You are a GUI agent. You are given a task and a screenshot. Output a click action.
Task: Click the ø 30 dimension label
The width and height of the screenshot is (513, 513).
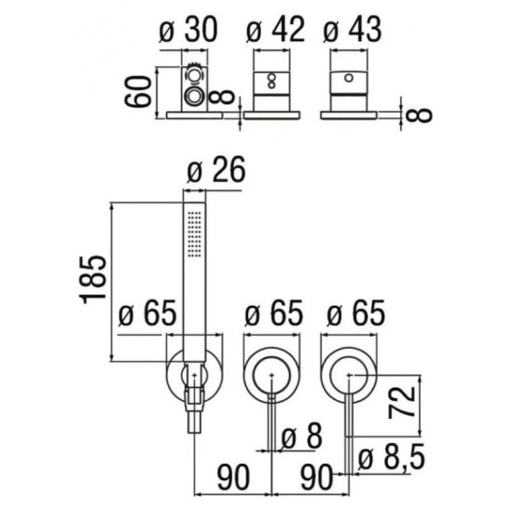pos(188,30)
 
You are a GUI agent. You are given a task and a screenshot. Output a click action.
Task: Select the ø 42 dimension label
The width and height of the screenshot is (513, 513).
pos(275,30)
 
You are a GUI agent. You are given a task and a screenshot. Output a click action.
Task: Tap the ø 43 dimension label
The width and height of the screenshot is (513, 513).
pos(353,30)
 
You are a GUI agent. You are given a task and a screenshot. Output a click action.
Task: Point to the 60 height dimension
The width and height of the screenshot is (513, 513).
pos(138,91)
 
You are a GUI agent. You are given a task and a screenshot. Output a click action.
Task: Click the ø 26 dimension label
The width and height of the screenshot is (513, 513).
pos(216,171)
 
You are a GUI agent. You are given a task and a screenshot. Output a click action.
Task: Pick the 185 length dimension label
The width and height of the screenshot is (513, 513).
pos(93,280)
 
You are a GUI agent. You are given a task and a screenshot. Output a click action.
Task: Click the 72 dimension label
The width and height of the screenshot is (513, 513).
pos(402,402)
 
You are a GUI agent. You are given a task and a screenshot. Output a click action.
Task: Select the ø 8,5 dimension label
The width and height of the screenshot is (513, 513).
pos(392,457)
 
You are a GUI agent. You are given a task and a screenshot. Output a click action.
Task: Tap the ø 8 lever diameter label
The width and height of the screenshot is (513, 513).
pos(301,437)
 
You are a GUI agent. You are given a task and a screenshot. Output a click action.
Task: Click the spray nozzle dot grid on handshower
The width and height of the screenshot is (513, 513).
pos(194,232)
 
